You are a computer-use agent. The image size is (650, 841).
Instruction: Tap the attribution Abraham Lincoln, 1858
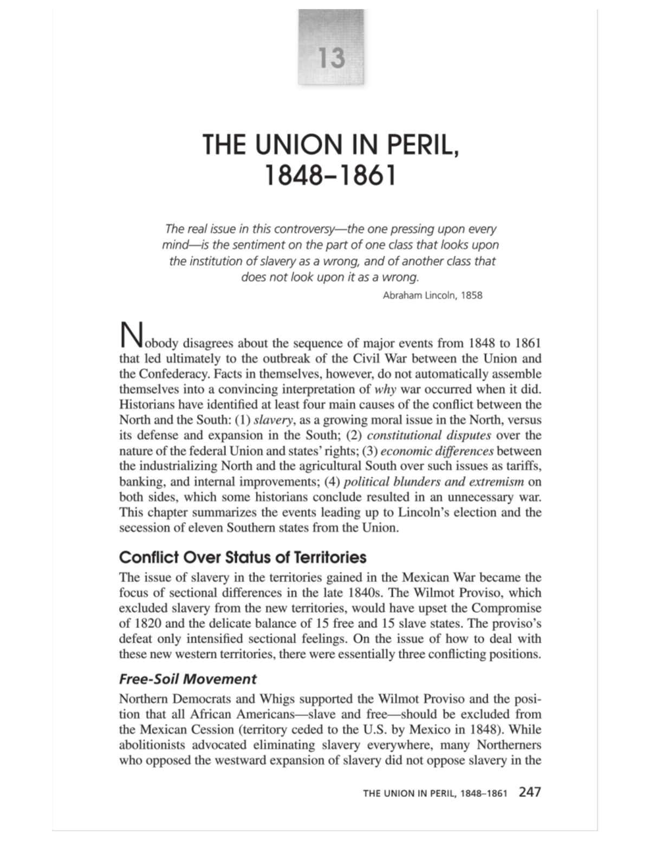(432, 295)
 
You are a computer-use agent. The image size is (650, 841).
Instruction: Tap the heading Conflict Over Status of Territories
(243, 557)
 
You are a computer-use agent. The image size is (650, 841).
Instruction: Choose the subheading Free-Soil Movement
(187, 679)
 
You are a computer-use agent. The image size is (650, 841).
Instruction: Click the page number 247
(529, 792)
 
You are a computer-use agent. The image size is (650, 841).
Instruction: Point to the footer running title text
(435, 793)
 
